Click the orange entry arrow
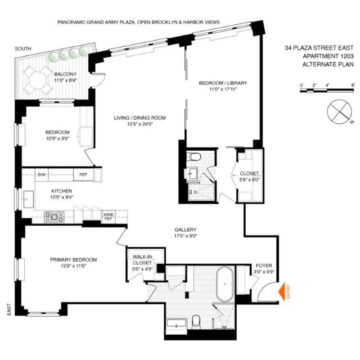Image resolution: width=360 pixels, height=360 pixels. tap(282, 291)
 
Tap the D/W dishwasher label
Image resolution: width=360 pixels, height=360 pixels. tap(42, 175)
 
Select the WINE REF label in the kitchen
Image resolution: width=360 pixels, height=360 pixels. tap(109, 217)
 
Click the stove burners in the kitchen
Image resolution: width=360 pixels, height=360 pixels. tap(54, 217)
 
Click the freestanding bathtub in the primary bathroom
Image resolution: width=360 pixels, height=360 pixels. tap(225, 284)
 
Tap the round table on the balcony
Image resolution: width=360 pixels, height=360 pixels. tap(38, 80)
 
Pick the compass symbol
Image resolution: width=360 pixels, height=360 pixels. tap(339, 111)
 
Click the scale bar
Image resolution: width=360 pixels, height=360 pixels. tap(327, 91)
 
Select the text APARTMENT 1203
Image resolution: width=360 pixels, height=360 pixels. tap(328, 56)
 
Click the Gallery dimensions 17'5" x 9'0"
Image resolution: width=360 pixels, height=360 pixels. tap(186, 236)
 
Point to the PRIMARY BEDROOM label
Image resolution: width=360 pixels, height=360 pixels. tap(73, 260)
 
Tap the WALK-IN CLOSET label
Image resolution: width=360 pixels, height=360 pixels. tap(142, 260)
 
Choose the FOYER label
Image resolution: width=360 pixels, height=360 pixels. tap(264, 265)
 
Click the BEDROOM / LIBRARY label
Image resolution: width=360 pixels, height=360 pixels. tap(223, 83)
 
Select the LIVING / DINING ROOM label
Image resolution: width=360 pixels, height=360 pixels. tap(140, 118)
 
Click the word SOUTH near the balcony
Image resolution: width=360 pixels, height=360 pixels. tap(23, 49)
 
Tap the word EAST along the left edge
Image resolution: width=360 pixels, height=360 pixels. tap(9, 309)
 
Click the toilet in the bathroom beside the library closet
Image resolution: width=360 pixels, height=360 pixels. tap(194, 156)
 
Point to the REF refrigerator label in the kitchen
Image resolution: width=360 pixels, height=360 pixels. tap(83, 175)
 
